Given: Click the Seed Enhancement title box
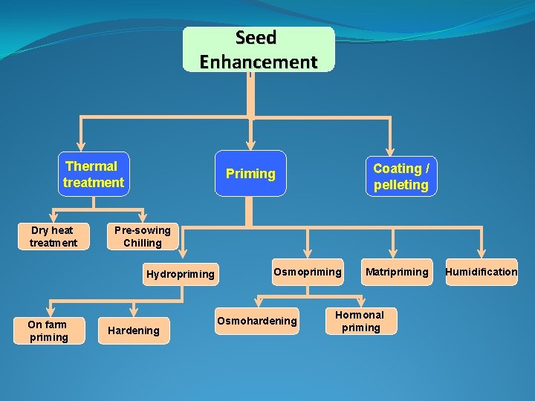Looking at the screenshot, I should point(259,49).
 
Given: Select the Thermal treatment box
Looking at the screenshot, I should point(94,175).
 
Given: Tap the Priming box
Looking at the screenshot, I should point(250,174).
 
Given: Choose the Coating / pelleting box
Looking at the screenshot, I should point(401,177).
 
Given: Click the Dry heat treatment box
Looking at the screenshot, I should point(53,236).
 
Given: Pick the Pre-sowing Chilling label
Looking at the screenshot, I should point(143,236).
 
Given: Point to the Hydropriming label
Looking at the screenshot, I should point(180,274).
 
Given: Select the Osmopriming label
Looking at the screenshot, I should point(308,272).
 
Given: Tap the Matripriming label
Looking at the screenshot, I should point(397,272).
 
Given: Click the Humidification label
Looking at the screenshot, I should point(481,272).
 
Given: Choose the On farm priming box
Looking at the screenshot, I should point(48,330).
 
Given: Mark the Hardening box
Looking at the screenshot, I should point(134,330).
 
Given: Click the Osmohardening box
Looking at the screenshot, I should point(256,321).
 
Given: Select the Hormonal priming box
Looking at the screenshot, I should point(361,321).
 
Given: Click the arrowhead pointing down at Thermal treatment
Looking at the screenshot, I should point(81,146).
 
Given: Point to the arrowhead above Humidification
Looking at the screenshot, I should point(481,254).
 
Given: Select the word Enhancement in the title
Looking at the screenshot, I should point(259,61).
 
